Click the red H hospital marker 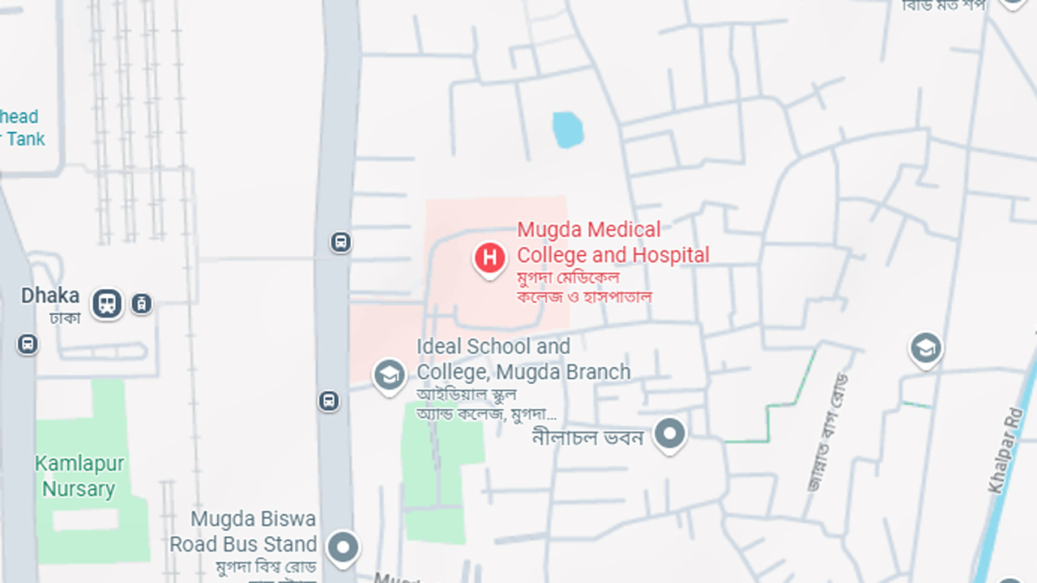(x=489, y=258)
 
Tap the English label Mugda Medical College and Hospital (x=612, y=242)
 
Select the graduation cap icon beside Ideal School (x=389, y=374)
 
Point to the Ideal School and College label (x=523, y=359)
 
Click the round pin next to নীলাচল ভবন (x=669, y=434)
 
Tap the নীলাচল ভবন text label (x=587, y=437)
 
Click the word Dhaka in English (x=50, y=296)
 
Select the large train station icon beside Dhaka (x=107, y=304)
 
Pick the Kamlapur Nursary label (x=79, y=476)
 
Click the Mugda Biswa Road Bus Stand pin (x=343, y=547)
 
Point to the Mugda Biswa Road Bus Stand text (x=243, y=531)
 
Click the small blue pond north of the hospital (x=568, y=130)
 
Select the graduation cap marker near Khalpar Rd (x=925, y=349)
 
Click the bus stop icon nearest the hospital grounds (x=340, y=241)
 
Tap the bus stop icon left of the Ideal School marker (x=328, y=400)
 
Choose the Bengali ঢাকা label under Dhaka (x=65, y=317)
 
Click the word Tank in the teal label (x=26, y=138)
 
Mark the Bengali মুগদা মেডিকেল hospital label (x=568, y=278)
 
